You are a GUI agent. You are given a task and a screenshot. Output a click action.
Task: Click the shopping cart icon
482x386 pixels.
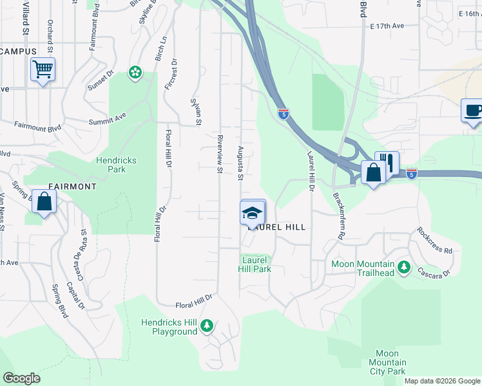click(x=43, y=69)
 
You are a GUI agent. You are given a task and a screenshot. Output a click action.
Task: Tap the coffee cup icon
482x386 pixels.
click(x=472, y=109)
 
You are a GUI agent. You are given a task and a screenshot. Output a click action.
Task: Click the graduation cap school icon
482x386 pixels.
click(x=252, y=213)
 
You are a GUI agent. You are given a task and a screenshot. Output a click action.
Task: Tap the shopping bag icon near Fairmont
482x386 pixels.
click(x=44, y=202)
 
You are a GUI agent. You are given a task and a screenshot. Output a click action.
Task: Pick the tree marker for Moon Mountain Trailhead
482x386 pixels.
click(x=404, y=267)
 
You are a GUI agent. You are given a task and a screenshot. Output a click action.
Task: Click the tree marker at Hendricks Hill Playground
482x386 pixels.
click(x=207, y=326)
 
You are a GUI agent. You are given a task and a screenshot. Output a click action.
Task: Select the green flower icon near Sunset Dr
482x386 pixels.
click(x=135, y=73)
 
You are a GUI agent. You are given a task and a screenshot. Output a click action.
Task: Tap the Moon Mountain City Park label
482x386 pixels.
click(x=387, y=362)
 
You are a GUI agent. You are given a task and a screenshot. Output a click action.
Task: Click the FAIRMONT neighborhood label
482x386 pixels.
click(x=71, y=187)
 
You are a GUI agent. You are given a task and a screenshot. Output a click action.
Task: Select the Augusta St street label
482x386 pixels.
click(x=240, y=162)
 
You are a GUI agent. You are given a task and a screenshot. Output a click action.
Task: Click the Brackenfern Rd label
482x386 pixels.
click(x=336, y=215)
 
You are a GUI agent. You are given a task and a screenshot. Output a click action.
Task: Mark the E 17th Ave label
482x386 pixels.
click(x=387, y=26)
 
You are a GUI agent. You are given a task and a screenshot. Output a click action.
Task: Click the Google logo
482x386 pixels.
click(x=21, y=378)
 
